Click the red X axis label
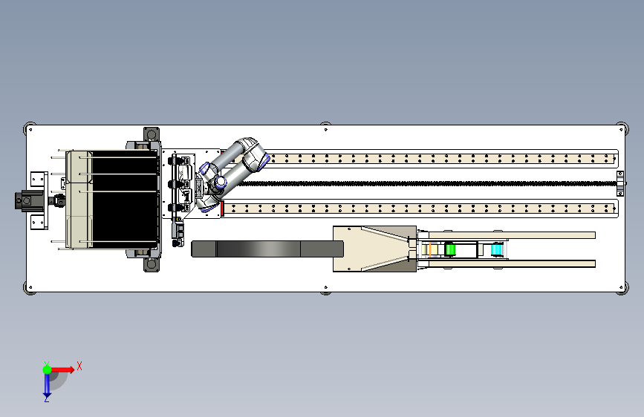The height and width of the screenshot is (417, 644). coord(79,366)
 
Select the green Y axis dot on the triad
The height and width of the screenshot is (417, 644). coord(48,370)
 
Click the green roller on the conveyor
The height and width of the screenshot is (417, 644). coord(450,249)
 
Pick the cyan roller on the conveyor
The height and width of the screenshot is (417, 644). coord(496,249)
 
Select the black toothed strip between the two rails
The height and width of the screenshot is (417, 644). coord(427,183)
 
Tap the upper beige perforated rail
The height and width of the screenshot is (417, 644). coord(440,159)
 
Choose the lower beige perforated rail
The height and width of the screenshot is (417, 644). coord(420,208)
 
